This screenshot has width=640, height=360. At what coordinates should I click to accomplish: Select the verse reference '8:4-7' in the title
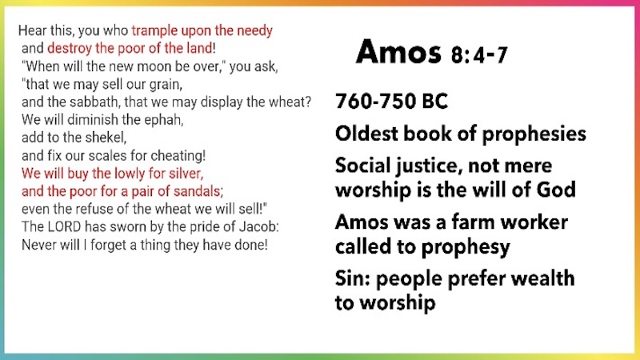click(x=479, y=55)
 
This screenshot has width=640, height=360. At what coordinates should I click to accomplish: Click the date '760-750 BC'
click(x=391, y=101)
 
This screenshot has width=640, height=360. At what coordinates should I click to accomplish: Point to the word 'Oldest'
click(x=366, y=134)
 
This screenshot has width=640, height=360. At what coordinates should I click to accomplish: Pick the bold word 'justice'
click(x=428, y=166)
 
